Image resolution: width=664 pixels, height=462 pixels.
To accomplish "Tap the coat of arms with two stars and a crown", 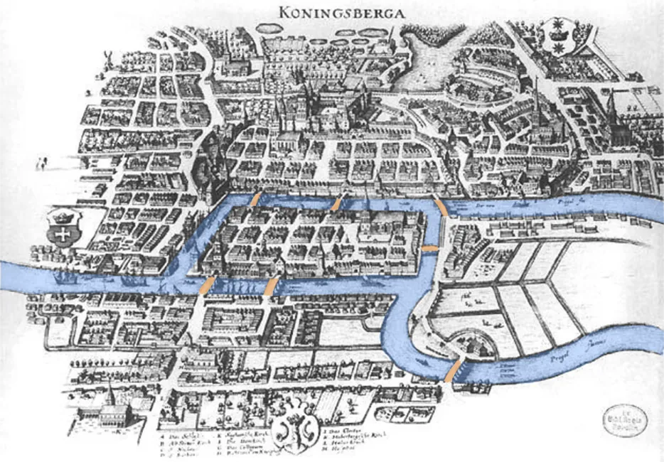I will (x=558, y=33).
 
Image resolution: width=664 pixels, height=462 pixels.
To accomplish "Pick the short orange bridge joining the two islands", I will (x=430, y=248).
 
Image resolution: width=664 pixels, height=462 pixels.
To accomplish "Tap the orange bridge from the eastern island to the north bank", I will (x=441, y=208).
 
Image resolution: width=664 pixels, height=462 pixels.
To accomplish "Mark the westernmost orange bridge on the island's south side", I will (x=207, y=285).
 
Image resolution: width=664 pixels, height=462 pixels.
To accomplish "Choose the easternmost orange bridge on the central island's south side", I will (x=272, y=286).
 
